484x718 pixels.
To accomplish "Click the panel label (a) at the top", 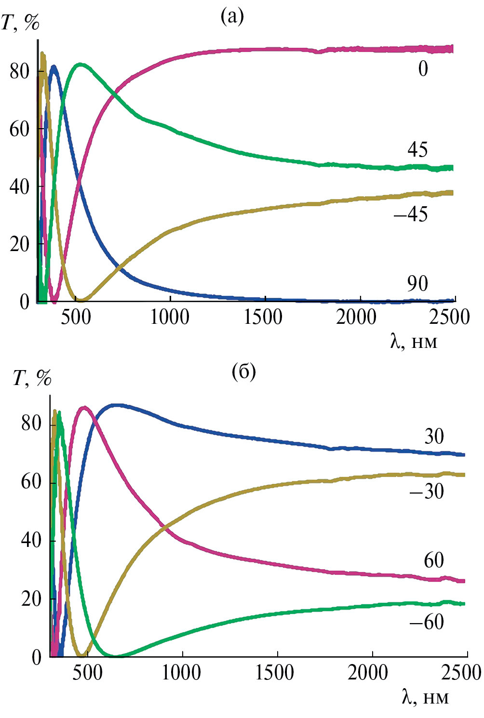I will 232,17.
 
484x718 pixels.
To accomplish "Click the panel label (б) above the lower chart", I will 243,372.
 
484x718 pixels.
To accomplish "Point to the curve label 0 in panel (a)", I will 423,69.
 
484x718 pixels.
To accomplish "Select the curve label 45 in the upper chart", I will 417,150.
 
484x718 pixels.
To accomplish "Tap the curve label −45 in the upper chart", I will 411,214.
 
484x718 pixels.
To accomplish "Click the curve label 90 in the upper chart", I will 417,284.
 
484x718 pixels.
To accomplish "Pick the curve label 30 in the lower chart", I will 434,437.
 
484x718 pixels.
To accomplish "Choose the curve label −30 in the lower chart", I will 426,492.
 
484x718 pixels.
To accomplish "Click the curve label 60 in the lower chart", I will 434,560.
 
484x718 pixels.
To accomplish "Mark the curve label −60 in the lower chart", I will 427,622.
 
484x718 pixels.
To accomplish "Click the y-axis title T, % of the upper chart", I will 20,23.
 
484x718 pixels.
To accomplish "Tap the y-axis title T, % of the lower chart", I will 32,379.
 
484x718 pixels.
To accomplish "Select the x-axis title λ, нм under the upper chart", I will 414,342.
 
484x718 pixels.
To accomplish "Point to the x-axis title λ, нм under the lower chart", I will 425,697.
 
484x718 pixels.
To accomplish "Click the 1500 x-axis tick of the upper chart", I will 263,318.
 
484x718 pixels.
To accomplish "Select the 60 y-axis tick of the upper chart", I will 19,129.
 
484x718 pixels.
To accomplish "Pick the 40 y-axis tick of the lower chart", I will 31,540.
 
